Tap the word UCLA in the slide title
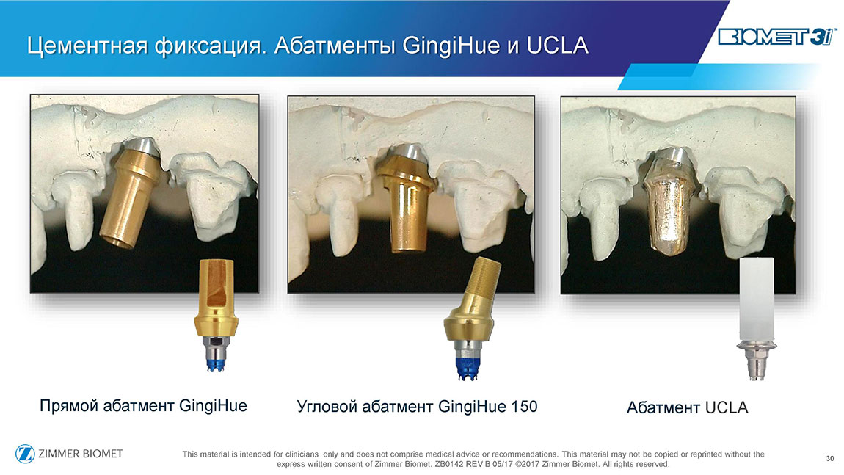pyautogui.click(x=557, y=46)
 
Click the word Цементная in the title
pyautogui.click(x=87, y=46)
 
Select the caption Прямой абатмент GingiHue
pyautogui.click(x=143, y=405)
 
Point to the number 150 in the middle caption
pyautogui.click(x=524, y=406)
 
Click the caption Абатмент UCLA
pyautogui.click(x=688, y=407)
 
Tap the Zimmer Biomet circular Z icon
pyautogui.click(x=25, y=454)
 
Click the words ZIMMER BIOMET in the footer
pyautogui.click(x=80, y=454)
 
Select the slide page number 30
pyautogui.click(x=830, y=458)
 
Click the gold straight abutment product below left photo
pyautogui.click(x=217, y=315)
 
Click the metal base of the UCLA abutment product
pyautogui.click(x=756, y=360)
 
